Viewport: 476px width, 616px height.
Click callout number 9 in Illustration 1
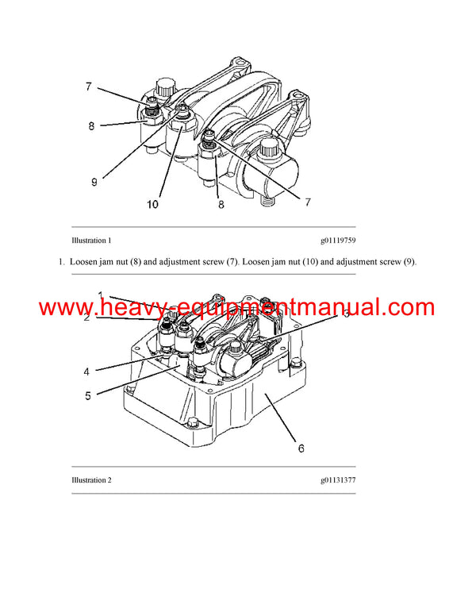coord(94,182)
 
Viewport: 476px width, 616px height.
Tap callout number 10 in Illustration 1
coord(152,204)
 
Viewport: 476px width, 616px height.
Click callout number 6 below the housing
coord(301,448)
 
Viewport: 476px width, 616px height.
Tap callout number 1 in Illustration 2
coord(101,295)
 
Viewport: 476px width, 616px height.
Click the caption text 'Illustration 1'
coord(91,240)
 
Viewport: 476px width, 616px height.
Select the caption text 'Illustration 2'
coord(91,480)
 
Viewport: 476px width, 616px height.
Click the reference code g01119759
coord(338,240)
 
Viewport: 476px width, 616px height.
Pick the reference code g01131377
coord(338,480)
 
